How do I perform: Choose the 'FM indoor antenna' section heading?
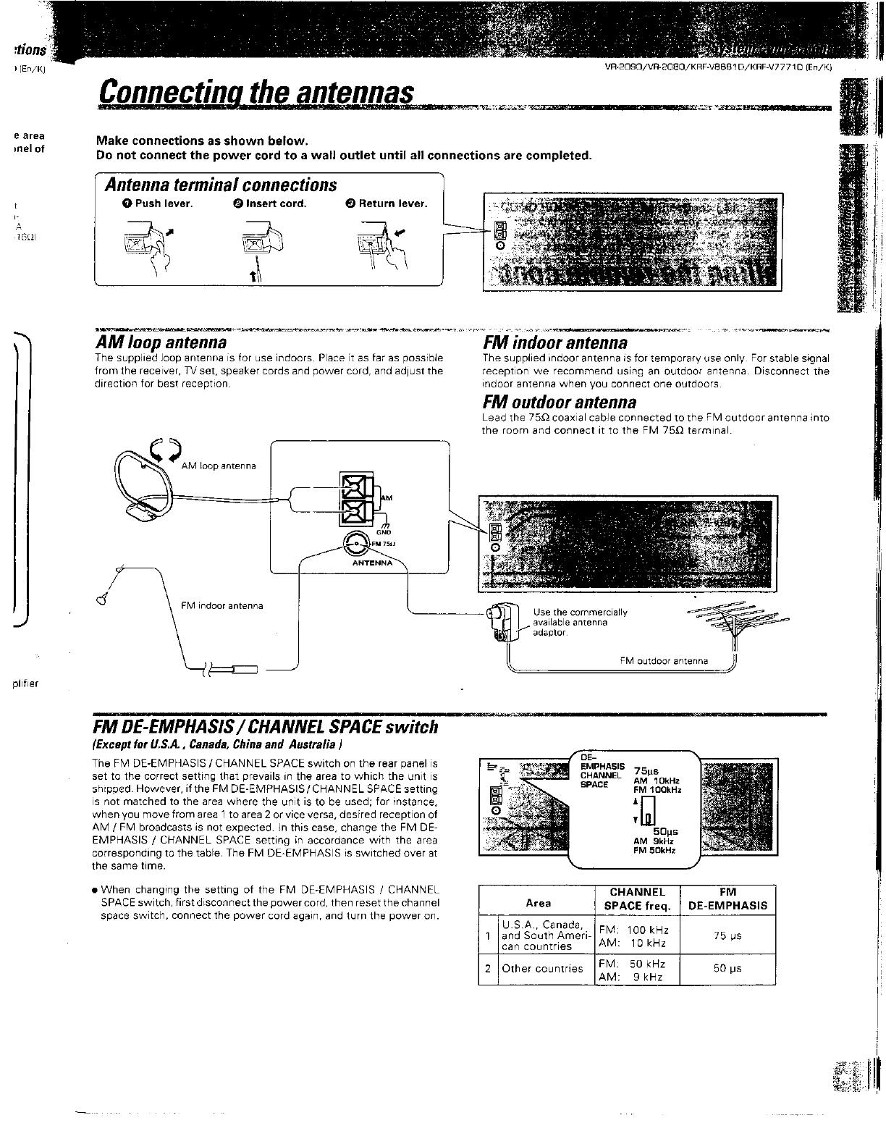(x=554, y=342)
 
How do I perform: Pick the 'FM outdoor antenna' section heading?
(x=560, y=402)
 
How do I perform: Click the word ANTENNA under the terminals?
(x=372, y=563)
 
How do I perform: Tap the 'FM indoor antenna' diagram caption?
(x=221, y=605)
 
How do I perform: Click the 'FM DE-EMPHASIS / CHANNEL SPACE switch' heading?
(x=265, y=726)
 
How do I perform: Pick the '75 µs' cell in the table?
(x=727, y=936)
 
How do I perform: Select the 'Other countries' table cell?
(x=542, y=969)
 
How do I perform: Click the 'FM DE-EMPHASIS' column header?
(x=727, y=899)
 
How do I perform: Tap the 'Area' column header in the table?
(x=538, y=903)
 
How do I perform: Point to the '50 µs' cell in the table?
(x=727, y=969)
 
